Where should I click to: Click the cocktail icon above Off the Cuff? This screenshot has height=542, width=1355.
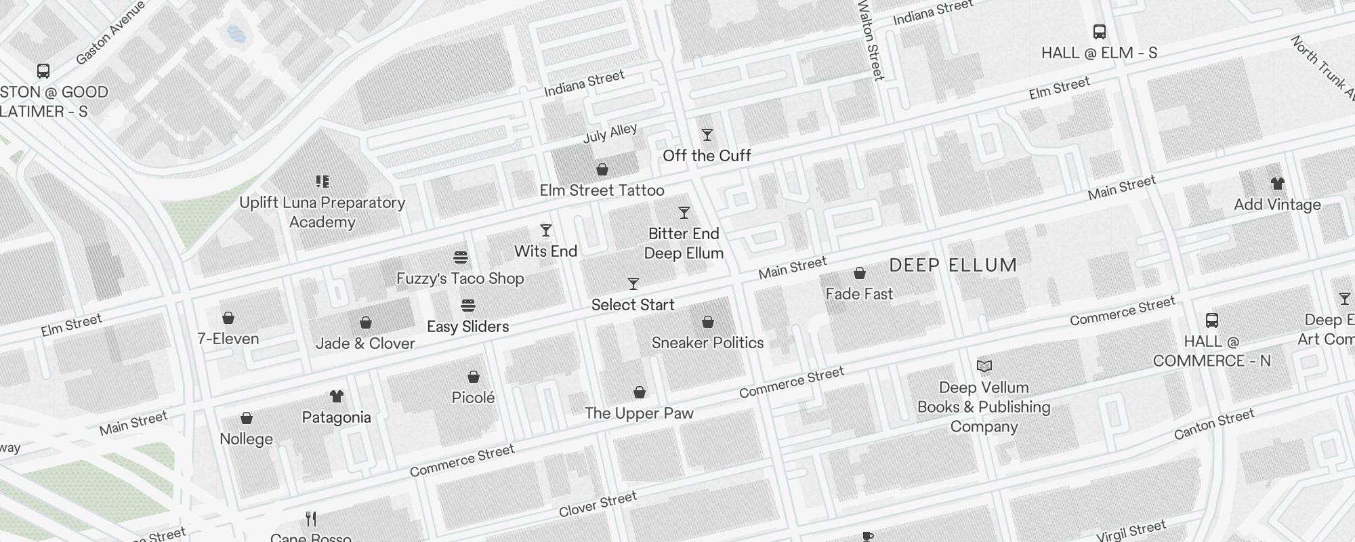pos(707,135)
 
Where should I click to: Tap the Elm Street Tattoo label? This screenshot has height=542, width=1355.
pos(602,190)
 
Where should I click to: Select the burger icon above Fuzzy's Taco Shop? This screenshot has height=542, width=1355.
pos(461,257)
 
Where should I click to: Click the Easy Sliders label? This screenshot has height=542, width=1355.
pos(467,327)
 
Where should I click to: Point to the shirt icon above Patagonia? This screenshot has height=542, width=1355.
pos(337,396)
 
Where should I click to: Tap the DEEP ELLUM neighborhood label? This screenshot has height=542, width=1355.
pos(953,265)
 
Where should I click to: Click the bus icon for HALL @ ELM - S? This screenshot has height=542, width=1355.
pos(1100,32)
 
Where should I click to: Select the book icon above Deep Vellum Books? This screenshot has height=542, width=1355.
pos(984,367)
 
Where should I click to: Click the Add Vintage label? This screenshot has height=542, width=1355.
pos(1277,205)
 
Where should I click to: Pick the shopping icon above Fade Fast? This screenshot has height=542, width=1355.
pos(860,273)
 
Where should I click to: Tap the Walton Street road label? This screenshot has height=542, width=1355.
pos(871,41)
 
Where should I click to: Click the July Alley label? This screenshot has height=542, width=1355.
pos(610,133)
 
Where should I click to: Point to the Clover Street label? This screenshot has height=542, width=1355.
pos(598,504)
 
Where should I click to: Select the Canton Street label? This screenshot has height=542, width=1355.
pos(1214,424)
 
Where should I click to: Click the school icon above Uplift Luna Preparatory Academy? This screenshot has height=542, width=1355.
pos(322,181)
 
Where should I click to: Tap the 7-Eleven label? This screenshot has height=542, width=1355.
pos(228,339)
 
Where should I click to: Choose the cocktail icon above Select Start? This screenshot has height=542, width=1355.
pos(633,283)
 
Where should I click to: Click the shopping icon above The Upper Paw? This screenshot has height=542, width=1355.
pos(640,392)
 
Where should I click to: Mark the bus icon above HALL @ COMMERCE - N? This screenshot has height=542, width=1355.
pos(1212,320)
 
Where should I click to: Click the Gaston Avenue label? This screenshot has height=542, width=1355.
pos(110,33)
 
